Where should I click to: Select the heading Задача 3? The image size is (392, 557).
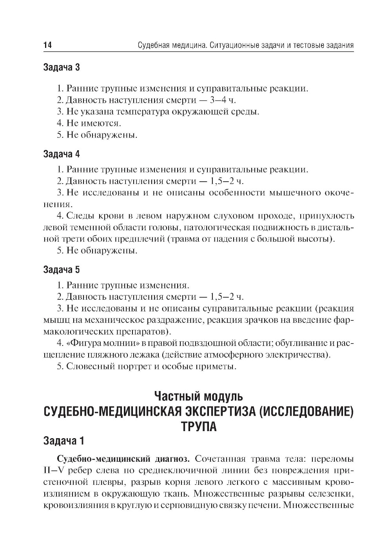[62, 67]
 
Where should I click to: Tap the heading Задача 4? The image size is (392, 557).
[62, 154]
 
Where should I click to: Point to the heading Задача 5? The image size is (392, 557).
[62, 269]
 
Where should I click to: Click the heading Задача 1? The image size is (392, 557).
[64, 441]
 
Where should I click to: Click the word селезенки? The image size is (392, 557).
[330, 492]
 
